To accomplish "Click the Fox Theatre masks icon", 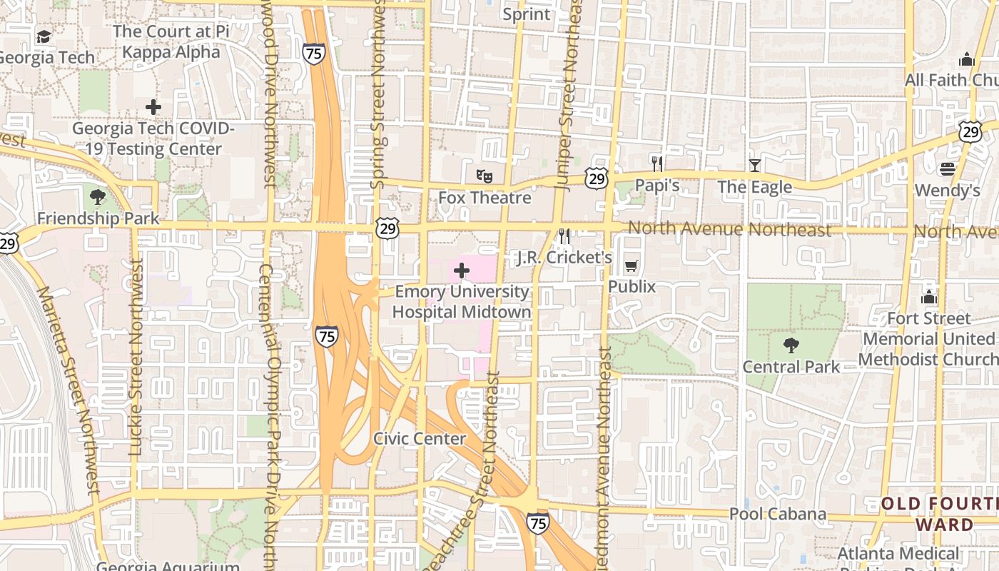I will click(x=485, y=175).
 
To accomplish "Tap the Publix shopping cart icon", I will click(x=631, y=267).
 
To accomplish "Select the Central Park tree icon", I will click(x=791, y=346).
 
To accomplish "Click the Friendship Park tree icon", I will click(x=98, y=197).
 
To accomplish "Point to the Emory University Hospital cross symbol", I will click(x=462, y=271).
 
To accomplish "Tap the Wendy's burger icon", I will click(x=948, y=169).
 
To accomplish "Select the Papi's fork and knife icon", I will click(x=657, y=164).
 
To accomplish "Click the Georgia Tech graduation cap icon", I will click(x=44, y=37).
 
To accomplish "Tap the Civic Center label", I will click(x=420, y=438).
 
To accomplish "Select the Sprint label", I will click(x=527, y=14).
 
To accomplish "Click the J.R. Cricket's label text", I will click(x=564, y=258).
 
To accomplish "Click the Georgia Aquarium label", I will click(x=168, y=566).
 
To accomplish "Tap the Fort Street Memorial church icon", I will click(x=929, y=296).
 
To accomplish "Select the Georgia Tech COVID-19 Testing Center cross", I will click(x=153, y=108).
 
